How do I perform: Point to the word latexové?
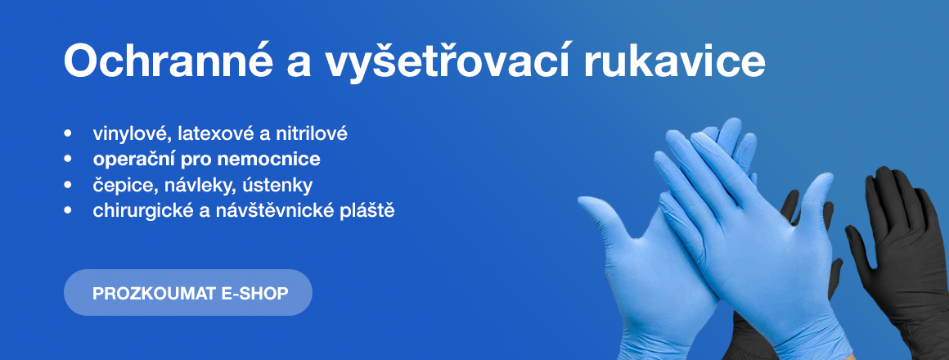(215, 133)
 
